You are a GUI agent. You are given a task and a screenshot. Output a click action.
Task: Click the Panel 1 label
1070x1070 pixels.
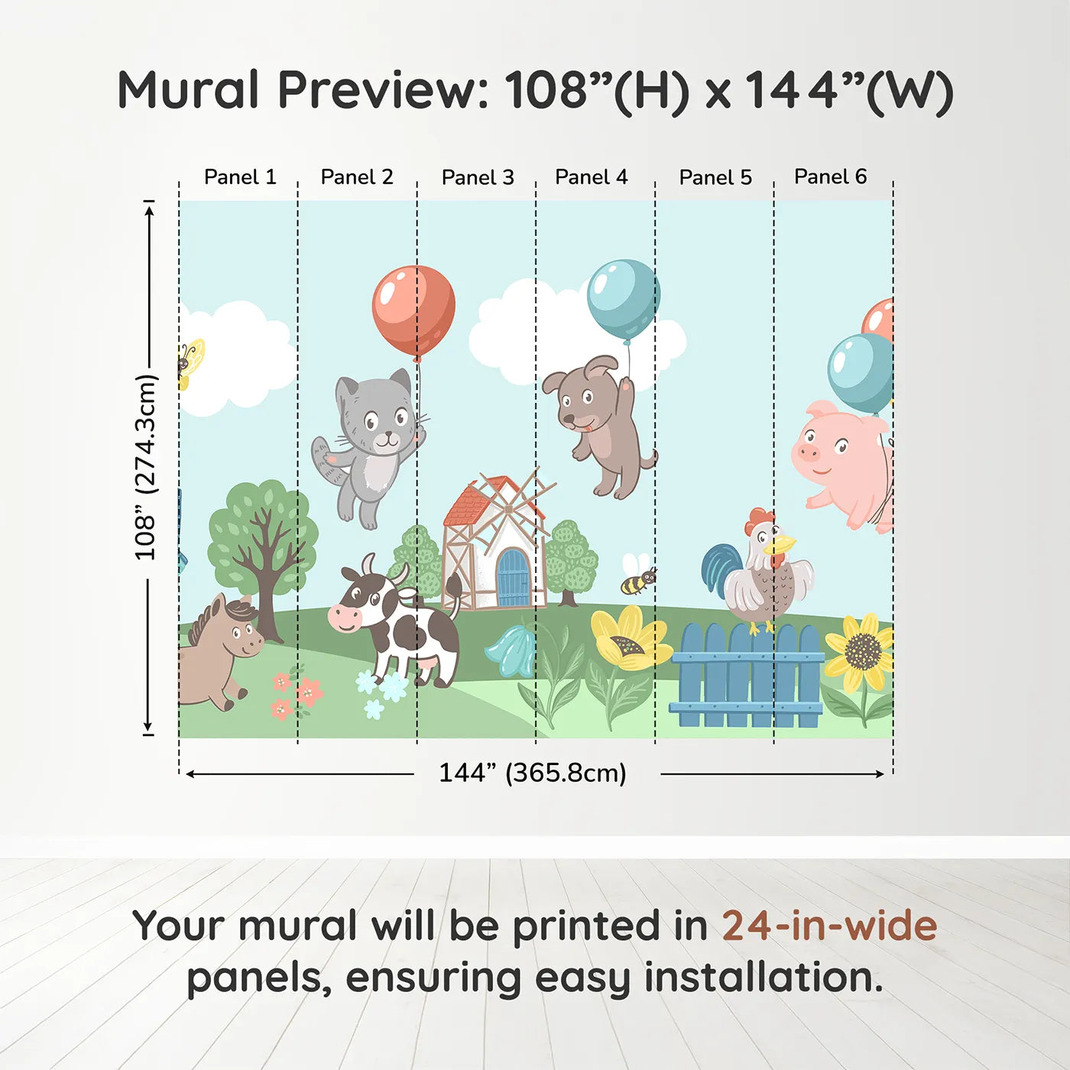239,177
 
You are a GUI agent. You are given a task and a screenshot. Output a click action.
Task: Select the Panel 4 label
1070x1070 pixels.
591,177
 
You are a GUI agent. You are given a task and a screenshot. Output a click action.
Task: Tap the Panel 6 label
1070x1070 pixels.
830,177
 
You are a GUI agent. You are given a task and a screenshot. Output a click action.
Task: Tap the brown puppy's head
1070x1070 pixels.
585,398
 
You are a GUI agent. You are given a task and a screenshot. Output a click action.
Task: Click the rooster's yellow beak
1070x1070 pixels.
782,545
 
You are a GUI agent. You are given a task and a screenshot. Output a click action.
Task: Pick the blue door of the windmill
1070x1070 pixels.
513,578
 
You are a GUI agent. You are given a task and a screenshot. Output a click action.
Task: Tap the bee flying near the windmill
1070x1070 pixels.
637,581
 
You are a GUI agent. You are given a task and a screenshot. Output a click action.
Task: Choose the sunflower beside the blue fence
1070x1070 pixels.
862,652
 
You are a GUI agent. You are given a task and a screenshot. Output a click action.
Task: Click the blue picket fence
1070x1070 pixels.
747,677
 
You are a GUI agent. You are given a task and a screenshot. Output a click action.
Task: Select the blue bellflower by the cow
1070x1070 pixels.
511,652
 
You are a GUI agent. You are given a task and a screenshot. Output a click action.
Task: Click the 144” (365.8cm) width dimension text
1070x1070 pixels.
532,773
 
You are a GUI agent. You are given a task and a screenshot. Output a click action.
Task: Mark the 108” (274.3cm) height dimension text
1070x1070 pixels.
145,467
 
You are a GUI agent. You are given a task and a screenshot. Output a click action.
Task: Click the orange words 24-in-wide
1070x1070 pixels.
828,926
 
